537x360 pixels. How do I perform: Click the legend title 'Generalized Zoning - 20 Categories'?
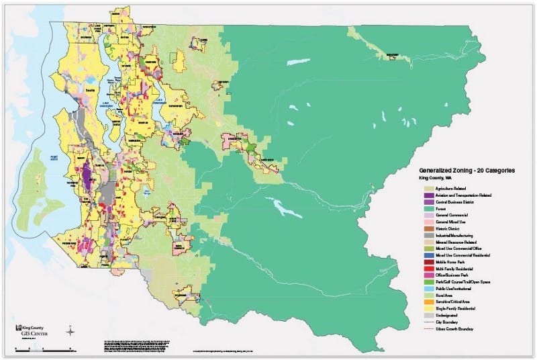pyautogui.click(x=467, y=171)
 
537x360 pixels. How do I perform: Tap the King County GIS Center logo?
pyautogui.click(x=31, y=329)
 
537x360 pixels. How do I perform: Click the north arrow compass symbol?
pyautogui.click(x=70, y=330)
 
